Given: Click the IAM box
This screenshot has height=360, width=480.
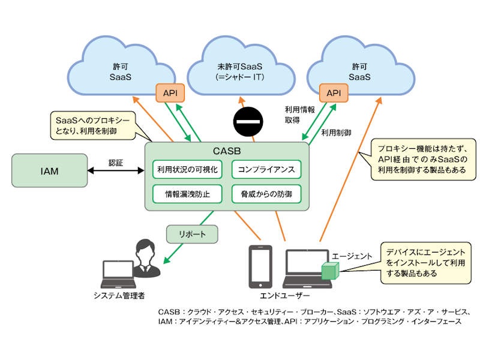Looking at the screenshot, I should (50, 171).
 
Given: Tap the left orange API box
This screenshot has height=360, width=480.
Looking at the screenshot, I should (170, 93).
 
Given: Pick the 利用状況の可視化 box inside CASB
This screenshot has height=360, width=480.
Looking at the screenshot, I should (188, 170).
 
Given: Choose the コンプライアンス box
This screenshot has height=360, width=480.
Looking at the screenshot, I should (266, 170).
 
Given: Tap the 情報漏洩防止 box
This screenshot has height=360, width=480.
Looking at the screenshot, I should (188, 194).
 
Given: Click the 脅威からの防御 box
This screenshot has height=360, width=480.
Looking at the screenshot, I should (266, 194).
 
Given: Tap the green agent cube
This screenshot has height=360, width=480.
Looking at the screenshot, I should (331, 272).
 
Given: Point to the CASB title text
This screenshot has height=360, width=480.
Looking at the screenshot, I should (226, 150).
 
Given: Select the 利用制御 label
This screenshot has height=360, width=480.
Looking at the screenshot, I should (336, 132).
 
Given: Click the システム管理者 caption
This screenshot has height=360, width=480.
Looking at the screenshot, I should (119, 295).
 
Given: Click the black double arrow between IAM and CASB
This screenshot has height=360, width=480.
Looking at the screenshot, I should (116, 171).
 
